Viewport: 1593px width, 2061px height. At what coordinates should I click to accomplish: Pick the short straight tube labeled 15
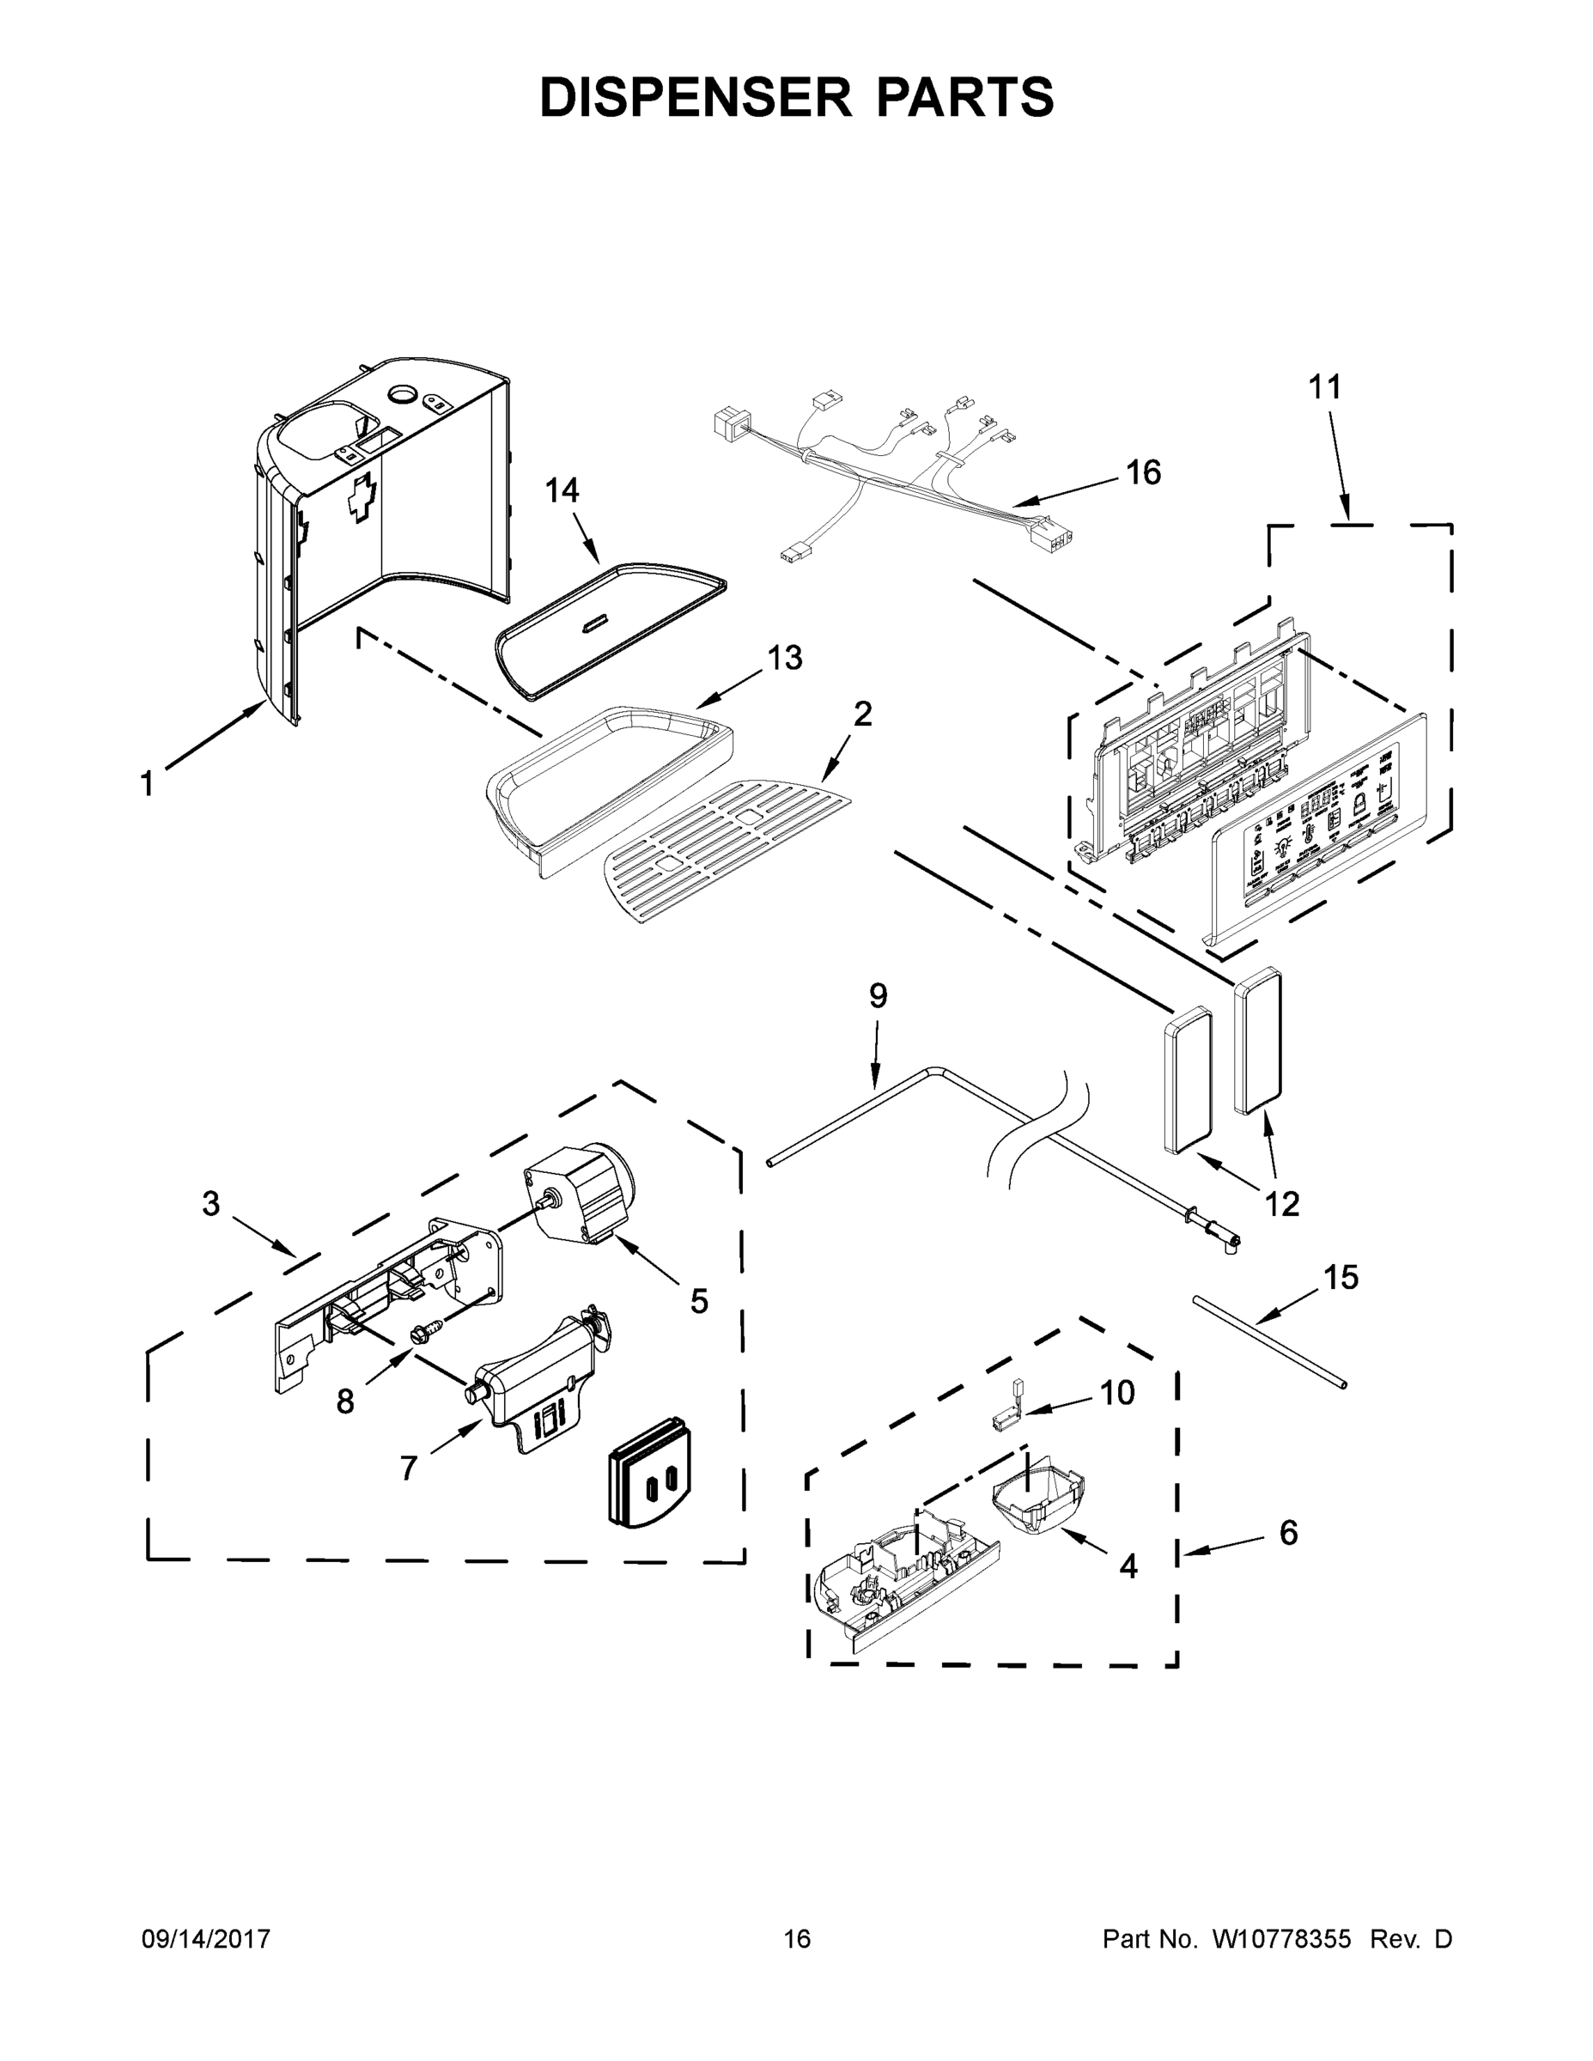tap(1269, 1341)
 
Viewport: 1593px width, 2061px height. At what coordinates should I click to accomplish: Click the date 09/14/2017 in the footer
tap(206, 1938)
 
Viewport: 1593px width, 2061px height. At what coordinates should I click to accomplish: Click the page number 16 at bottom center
tap(797, 1938)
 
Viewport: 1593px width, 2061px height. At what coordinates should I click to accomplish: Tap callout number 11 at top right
tap(1324, 387)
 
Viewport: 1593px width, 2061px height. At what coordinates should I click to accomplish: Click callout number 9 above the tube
tap(878, 996)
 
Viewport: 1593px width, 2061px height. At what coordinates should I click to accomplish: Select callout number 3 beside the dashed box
tap(210, 1203)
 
